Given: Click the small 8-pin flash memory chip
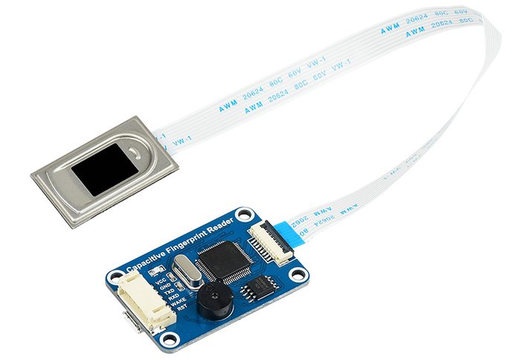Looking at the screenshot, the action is (x=261, y=288).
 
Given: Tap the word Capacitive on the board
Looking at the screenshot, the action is (x=144, y=262).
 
